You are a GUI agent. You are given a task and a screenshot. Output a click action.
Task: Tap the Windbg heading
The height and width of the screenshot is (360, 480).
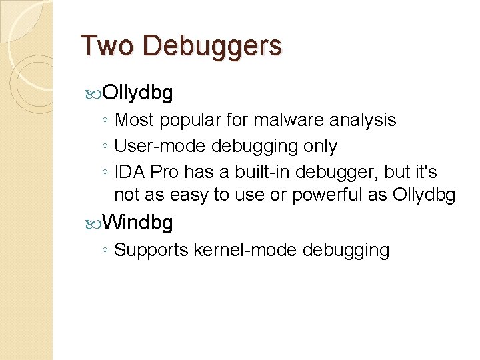(x=138, y=222)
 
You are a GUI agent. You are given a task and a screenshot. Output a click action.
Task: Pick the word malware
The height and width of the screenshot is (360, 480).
(x=293, y=121)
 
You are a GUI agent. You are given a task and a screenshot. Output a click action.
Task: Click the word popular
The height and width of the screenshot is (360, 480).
(x=187, y=121)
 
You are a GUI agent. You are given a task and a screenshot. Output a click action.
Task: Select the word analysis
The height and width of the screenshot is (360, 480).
(x=364, y=121)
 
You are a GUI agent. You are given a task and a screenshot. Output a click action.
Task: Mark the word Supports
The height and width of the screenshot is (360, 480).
(x=151, y=251)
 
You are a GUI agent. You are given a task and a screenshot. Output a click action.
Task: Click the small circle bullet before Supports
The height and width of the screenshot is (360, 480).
(x=105, y=251)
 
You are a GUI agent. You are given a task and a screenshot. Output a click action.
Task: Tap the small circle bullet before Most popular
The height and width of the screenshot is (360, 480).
(x=105, y=121)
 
